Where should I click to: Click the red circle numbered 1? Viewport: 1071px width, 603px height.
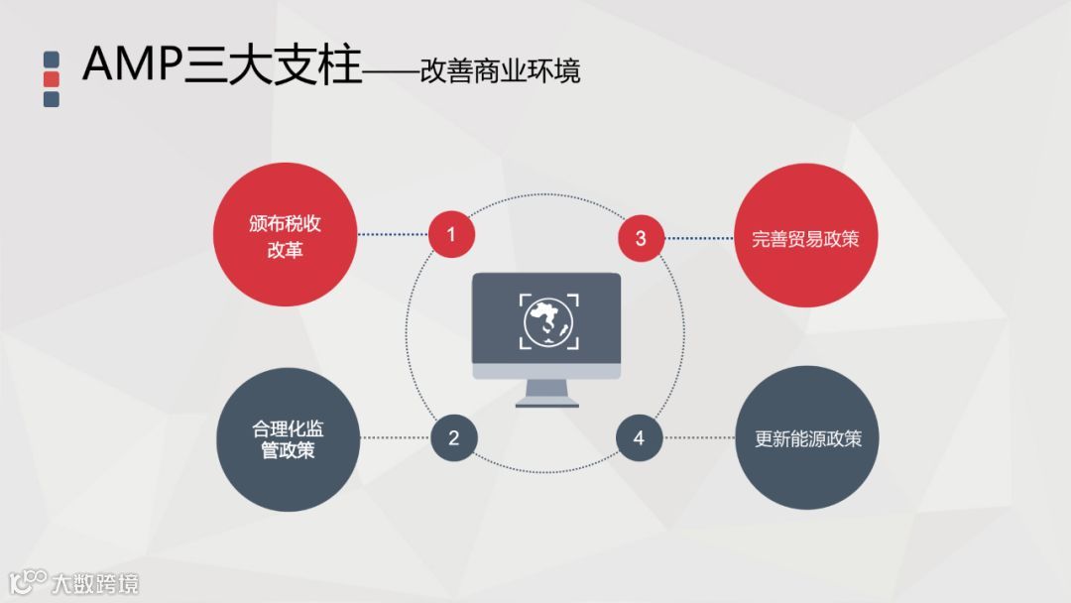point(451,235)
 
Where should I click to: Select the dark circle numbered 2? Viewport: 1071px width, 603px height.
point(454,437)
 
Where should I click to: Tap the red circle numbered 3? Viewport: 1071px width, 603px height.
point(641,238)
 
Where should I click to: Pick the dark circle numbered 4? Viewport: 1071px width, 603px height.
point(639,437)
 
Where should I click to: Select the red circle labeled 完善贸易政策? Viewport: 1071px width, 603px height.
point(806,238)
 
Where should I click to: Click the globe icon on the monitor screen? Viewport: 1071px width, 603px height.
point(546,320)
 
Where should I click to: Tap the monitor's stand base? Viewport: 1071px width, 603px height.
point(546,401)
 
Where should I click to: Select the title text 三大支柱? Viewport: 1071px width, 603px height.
point(274,65)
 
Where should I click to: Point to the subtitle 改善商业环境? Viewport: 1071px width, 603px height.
point(500,71)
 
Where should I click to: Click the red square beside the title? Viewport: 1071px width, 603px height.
point(52,78)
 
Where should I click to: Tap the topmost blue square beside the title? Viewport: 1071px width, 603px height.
point(52,59)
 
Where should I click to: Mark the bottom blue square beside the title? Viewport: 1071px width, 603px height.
point(52,99)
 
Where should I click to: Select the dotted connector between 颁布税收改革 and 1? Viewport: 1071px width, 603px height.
point(393,235)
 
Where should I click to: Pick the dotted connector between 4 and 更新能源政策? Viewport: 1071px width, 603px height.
point(699,437)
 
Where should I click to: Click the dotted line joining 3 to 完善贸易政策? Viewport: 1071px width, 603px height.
point(699,238)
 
